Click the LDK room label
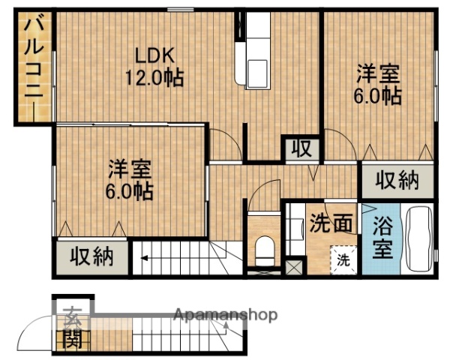point(154,56)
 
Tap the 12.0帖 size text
point(154,76)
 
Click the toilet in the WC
point(265,249)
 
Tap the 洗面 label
point(331,223)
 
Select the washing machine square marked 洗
point(343,260)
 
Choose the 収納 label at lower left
point(91,257)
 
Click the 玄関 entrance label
point(72,328)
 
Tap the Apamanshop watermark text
point(225,315)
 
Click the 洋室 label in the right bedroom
point(378,75)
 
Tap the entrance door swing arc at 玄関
point(34,334)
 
